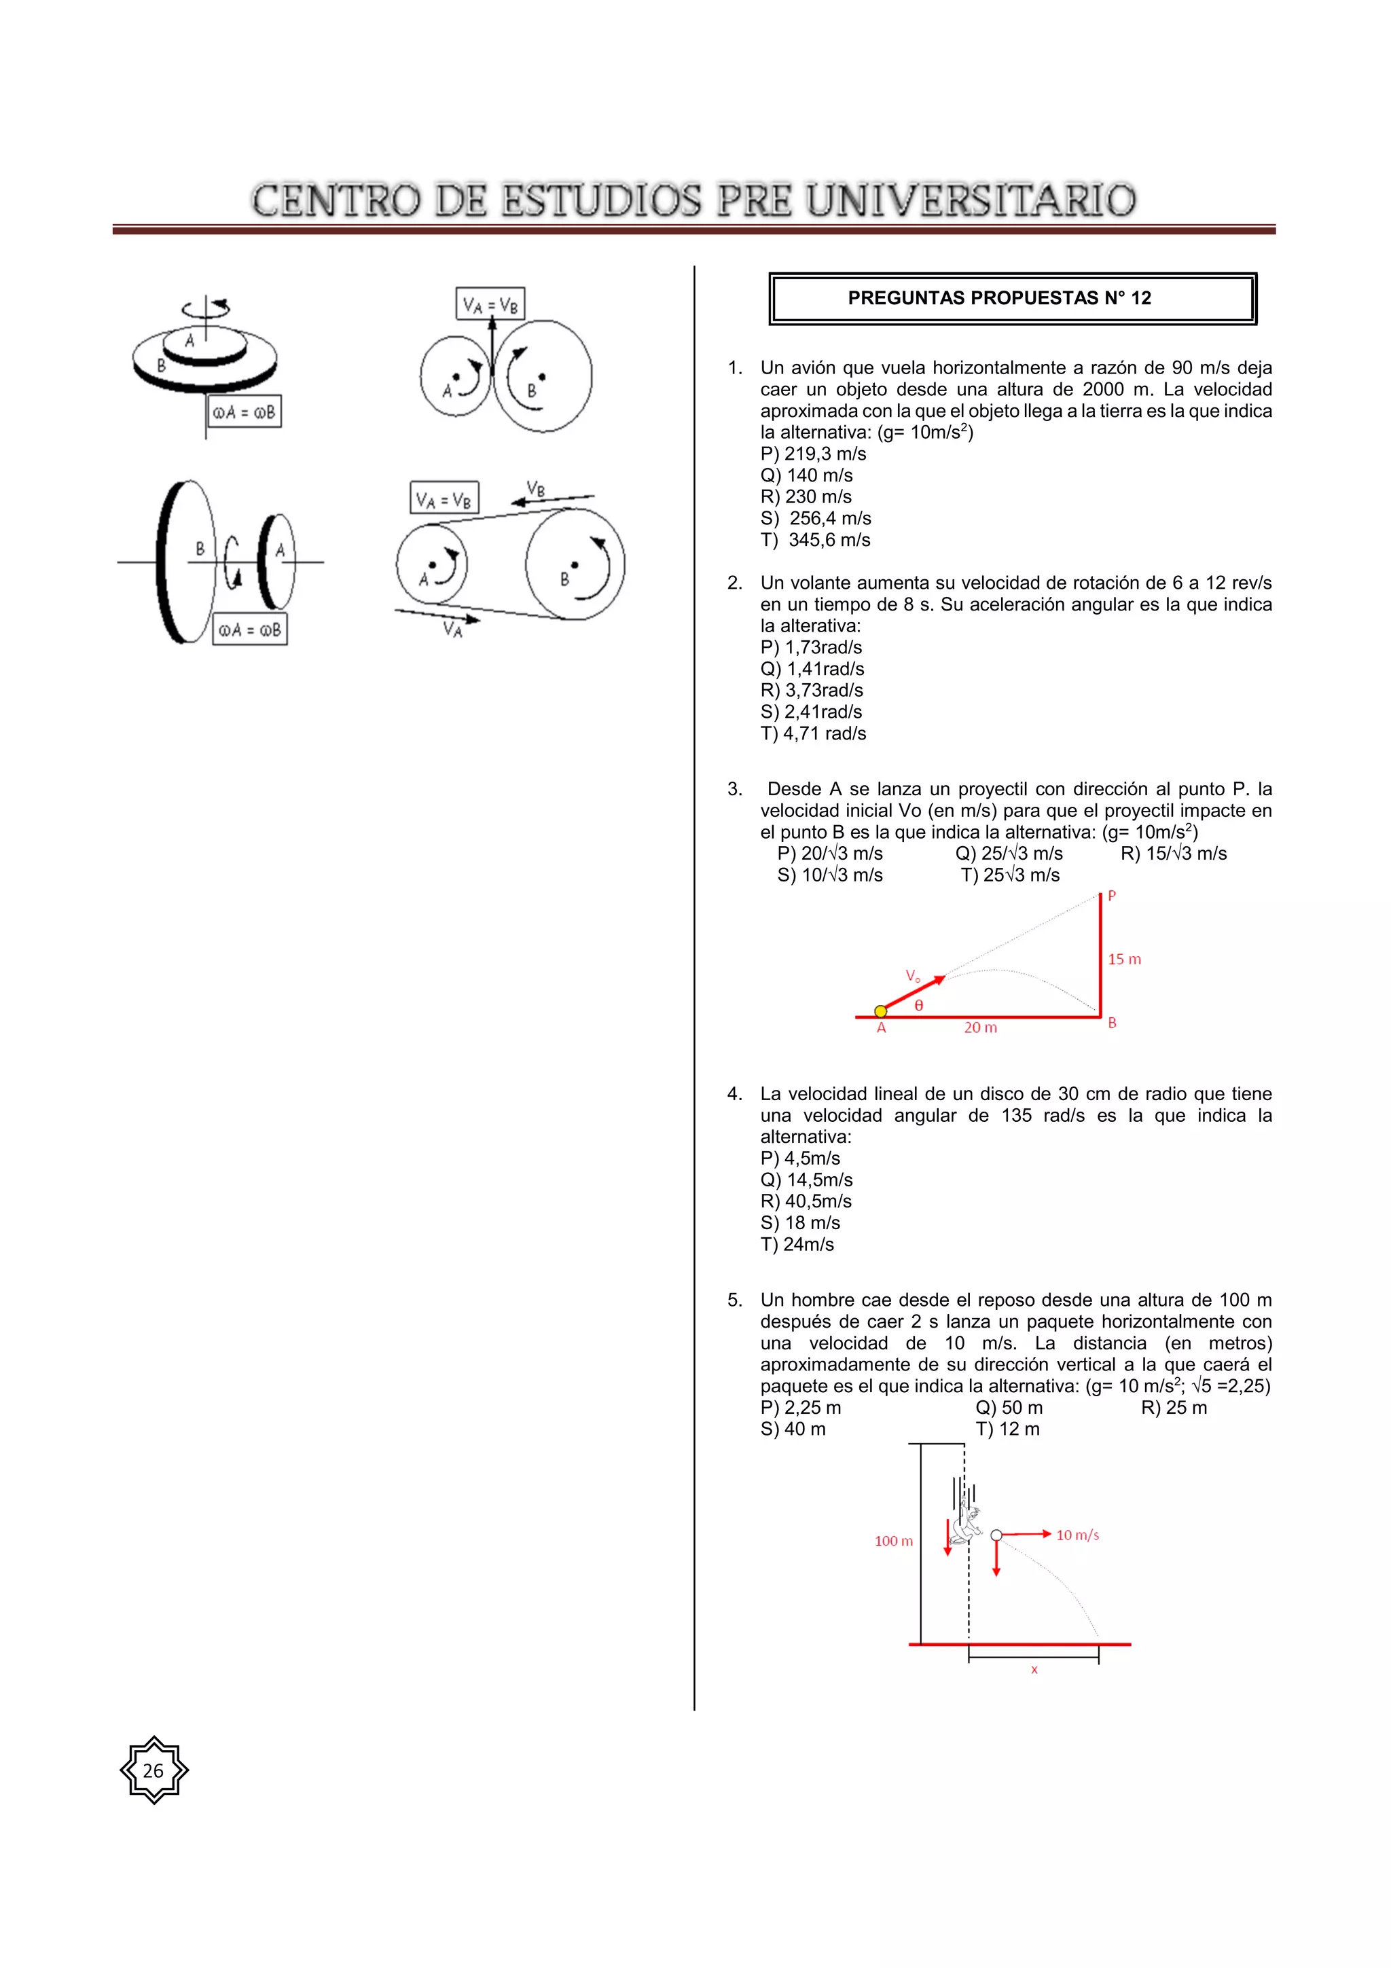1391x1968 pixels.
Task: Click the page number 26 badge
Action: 153,1770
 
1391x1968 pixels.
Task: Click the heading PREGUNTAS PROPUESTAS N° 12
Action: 998,298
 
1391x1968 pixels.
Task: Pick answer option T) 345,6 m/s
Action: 815,540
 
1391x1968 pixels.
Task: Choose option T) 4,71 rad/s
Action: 812,733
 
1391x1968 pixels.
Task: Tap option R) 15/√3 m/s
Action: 1172,854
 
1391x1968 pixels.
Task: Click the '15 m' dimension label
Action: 1123,959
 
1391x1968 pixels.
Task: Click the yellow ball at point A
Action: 880,1011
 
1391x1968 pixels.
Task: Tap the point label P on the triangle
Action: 1112,896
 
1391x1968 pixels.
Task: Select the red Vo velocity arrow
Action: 914,993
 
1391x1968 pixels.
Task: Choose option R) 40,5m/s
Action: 806,1202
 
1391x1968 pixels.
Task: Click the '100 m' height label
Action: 893,1541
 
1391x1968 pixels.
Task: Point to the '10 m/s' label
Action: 1077,1535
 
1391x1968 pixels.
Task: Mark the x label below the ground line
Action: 1034,1670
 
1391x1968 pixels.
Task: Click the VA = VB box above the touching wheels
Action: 490,304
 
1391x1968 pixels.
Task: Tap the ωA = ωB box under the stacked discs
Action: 245,412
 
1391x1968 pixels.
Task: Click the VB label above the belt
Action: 536,488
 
